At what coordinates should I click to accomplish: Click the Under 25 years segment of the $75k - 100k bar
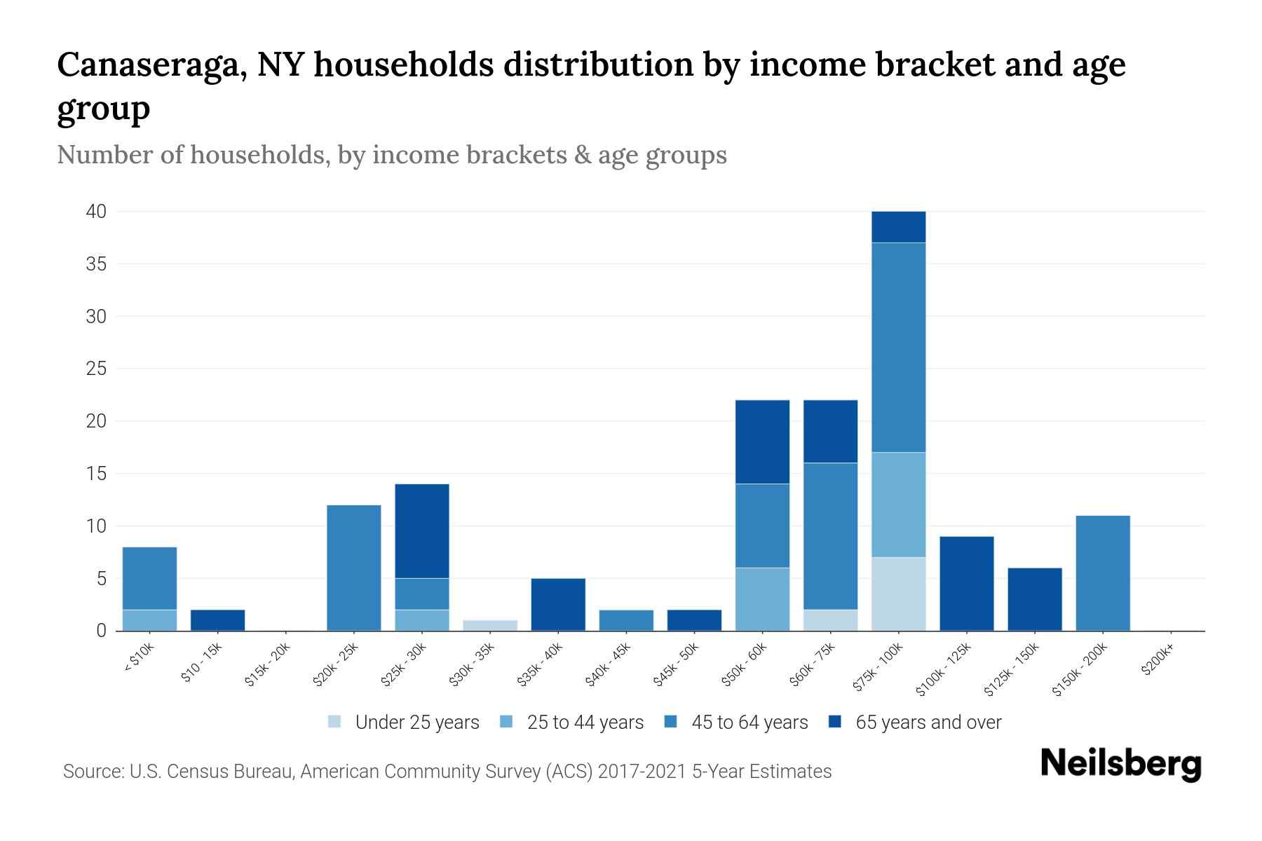pos(898,594)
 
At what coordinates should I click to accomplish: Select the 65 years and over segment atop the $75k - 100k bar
pos(898,227)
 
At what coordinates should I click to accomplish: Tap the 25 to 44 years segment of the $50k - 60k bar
pos(762,599)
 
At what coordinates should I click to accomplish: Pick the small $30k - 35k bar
pos(490,625)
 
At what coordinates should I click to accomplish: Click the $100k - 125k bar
pos(966,583)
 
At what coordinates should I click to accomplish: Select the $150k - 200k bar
pos(1103,573)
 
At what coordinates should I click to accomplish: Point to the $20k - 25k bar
pos(354,568)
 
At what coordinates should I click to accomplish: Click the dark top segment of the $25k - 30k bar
pos(422,531)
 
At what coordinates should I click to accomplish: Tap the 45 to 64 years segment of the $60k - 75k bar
pos(830,536)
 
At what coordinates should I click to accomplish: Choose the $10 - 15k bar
pos(217,620)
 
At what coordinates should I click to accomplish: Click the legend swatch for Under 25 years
pos(335,722)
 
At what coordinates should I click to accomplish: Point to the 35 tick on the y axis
pos(97,264)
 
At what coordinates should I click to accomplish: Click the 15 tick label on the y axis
pos(97,474)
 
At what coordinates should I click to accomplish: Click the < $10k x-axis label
pos(139,659)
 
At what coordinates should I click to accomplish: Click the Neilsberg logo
pos(1120,763)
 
